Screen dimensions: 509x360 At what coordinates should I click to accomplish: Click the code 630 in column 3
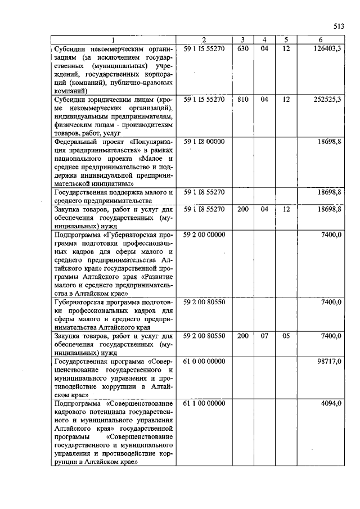243,49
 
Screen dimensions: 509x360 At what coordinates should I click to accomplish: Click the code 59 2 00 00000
204,233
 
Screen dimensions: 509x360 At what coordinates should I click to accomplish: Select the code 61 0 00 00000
204,361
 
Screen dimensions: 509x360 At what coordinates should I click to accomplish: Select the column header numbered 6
320,39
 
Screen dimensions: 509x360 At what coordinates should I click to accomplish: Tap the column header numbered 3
242,39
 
